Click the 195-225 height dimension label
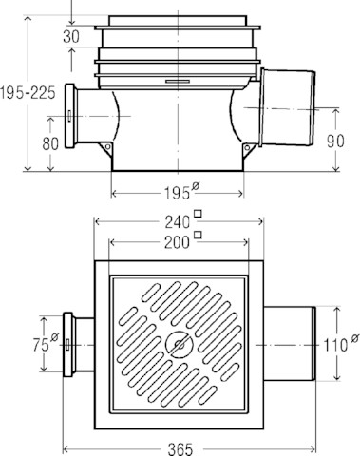tap(28, 93)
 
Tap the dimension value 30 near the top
tap(71, 37)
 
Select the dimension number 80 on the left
tap(50, 143)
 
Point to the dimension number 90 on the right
tap(335, 141)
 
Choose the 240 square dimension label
tap(182, 220)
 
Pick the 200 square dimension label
tap(182, 241)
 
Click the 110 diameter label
tap(341, 343)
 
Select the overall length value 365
tap(180, 449)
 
